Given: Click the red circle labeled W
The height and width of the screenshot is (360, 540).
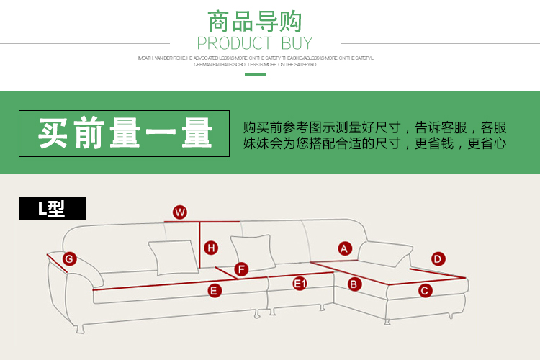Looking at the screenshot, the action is [x=180, y=212].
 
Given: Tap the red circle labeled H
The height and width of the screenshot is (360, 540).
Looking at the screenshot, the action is [x=211, y=248].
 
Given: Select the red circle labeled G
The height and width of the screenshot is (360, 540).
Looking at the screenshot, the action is [x=70, y=259].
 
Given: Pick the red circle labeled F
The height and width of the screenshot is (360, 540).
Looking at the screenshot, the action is [x=241, y=269].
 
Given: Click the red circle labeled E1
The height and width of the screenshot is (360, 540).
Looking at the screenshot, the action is [x=300, y=284].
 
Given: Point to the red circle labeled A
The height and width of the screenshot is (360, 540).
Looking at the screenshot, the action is [x=345, y=248].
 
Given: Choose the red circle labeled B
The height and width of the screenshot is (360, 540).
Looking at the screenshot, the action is [x=354, y=284].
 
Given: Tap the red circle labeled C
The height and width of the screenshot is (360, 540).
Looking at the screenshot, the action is [x=425, y=290].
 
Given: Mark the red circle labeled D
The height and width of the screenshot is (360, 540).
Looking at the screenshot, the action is [x=438, y=259].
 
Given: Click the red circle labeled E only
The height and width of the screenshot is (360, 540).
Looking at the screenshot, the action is [x=215, y=291].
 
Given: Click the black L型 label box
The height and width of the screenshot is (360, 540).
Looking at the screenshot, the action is [x=53, y=209].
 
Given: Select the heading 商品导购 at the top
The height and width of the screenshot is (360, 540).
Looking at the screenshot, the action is [x=255, y=21].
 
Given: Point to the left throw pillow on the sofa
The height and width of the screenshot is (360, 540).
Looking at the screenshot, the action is [x=174, y=257].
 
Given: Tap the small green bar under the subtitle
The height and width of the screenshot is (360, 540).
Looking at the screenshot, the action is [x=255, y=74].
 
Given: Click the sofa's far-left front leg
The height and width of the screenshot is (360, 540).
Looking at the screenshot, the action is [x=81, y=328].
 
